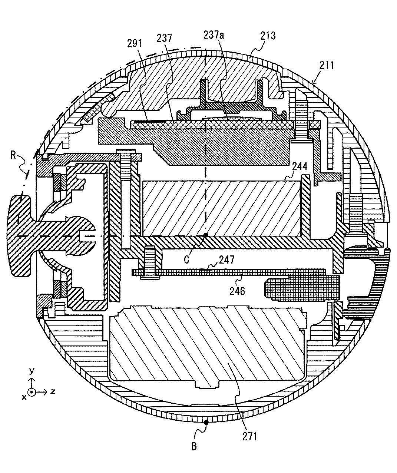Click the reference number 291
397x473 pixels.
[x=135, y=43]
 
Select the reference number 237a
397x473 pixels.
[x=214, y=35]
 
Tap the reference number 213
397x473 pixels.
[x=268, y=36]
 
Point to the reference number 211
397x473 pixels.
[x=327, y=65]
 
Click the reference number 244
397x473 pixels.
[x=300, y=166]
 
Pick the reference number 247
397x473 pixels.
[x=226, y=259]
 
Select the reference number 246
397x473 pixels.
[x=237, y=291]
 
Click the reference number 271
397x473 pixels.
[x=250, y=437]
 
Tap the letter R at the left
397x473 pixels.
[x=13, y=156]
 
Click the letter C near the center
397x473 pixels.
[x=186, y=259]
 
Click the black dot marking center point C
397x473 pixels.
[x=206, y=235]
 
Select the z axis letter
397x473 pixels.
[x=53, y=391]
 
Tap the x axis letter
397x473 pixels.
[x=24, y=397]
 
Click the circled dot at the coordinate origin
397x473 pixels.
[x=32, y=392]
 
